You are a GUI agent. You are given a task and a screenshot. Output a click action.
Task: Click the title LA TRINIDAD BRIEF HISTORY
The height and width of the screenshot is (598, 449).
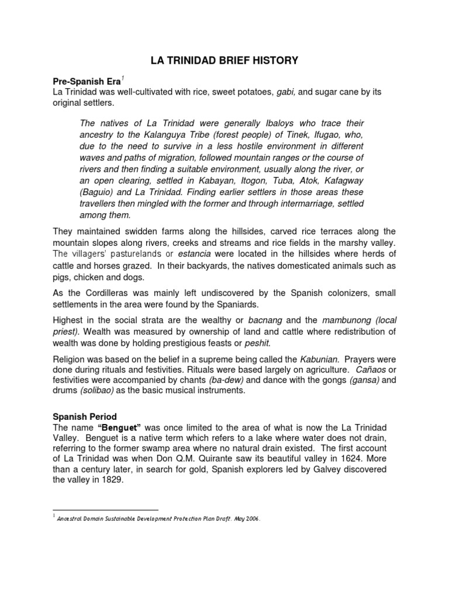click(224, 60)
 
